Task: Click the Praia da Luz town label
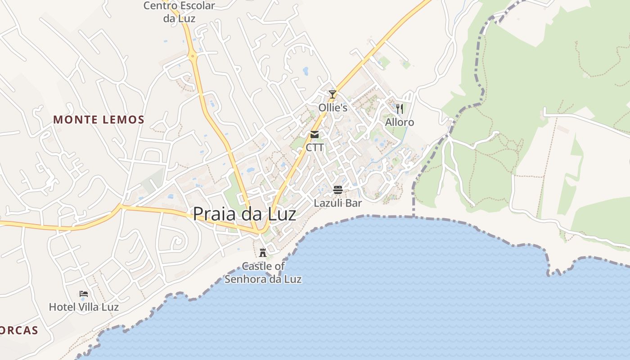(x=244, y=214)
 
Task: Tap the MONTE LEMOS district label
(x=99, y=120)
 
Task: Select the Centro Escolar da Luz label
(x=179, y=12)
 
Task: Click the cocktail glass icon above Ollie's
(x=333, y=94)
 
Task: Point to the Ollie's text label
(x=333, y=108)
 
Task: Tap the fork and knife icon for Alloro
(x=400, y=108)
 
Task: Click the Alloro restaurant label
(x=400, y=122)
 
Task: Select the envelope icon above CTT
(x=315, y=135)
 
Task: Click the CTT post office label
(x=315, y=148)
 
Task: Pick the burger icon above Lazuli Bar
(x=338, y=190)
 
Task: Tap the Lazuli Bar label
(x=338, y=203)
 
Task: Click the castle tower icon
(x=263, y=252)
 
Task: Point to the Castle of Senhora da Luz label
(x=263, y=273)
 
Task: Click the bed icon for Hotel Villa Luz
(x=84, y=294)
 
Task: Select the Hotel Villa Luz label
(x=84, y=307)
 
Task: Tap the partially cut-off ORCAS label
(x=19, y=331)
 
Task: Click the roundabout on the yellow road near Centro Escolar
(x=193, y=57)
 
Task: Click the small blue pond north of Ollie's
(x=306, y=71)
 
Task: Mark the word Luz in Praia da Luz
(x=282, y=214)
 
